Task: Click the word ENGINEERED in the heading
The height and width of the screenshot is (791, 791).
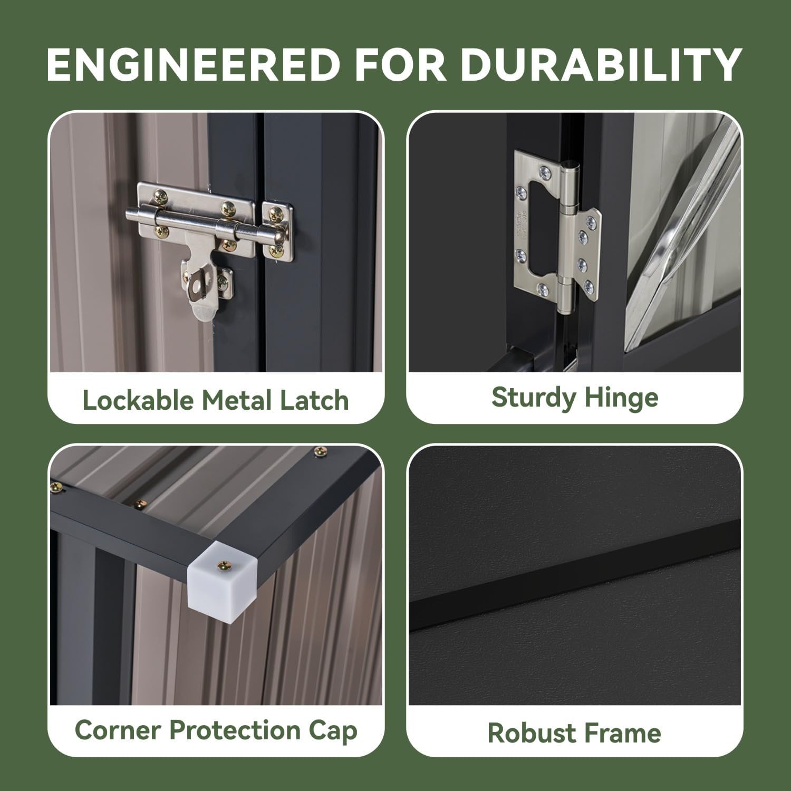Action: click(193, 64)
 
